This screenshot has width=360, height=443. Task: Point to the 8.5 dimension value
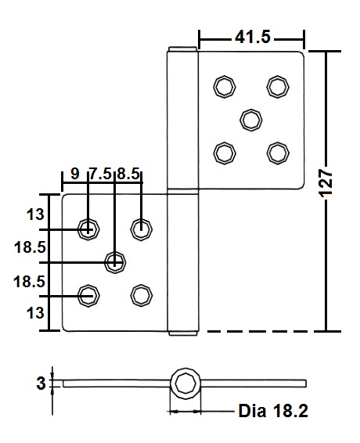point(128,175)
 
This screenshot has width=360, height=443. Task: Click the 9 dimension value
point(74,175)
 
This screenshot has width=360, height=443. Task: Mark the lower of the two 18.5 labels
point(28,281)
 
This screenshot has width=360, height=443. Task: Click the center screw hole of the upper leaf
point(250,119)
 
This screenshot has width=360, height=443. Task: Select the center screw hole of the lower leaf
point(115,261)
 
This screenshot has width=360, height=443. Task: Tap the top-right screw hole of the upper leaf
point(276,86)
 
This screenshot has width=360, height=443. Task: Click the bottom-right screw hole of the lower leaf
point(141,294)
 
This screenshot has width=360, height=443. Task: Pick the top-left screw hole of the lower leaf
point(88,229)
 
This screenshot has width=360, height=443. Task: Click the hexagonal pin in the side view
point(185,384)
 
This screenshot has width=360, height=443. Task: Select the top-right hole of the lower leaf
point(141,229)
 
